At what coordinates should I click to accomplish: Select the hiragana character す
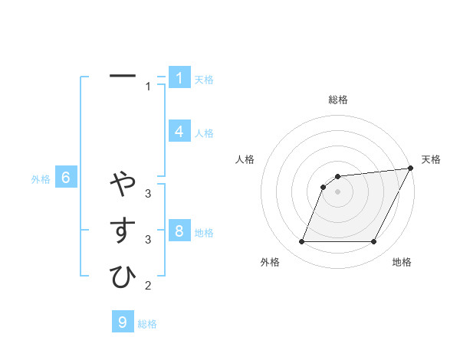123,231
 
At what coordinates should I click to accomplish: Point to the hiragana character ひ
123,277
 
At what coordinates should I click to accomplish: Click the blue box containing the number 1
179,78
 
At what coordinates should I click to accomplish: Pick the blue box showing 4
179,132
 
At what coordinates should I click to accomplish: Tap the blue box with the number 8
179,231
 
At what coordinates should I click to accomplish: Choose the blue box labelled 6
66,178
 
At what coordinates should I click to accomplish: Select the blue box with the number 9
123,322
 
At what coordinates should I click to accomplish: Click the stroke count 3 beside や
148,193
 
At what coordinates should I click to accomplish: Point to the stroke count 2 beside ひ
148,286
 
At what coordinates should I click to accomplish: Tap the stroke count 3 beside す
148,240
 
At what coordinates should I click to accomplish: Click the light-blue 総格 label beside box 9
147,324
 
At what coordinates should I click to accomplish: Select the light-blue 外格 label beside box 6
41,179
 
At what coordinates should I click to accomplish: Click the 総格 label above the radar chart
338,100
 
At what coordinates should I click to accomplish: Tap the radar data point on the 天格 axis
411,169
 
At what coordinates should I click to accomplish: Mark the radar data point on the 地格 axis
374,242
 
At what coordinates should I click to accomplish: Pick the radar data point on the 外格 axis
301,242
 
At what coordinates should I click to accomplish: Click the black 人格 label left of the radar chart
245,159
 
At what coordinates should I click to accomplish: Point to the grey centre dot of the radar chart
337,191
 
